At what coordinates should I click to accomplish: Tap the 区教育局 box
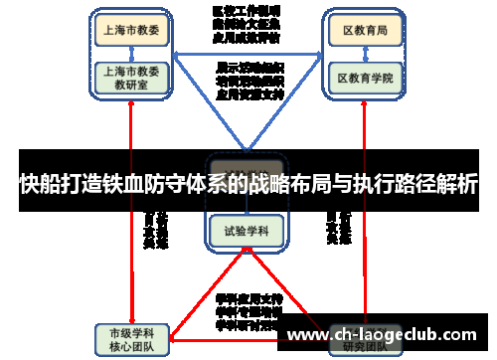pos(365,31)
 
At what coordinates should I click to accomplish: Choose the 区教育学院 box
pos(365,77)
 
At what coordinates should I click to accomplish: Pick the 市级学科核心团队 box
pos(130,337)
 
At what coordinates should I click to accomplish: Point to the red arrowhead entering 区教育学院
pos(364,98)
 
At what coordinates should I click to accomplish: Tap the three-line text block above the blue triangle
pos(247,23)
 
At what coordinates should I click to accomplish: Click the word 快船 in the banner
pos(40,184)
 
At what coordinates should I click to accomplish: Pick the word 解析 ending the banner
pos(457,184)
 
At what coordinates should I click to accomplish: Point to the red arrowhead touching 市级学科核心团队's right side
pos(171,333)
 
